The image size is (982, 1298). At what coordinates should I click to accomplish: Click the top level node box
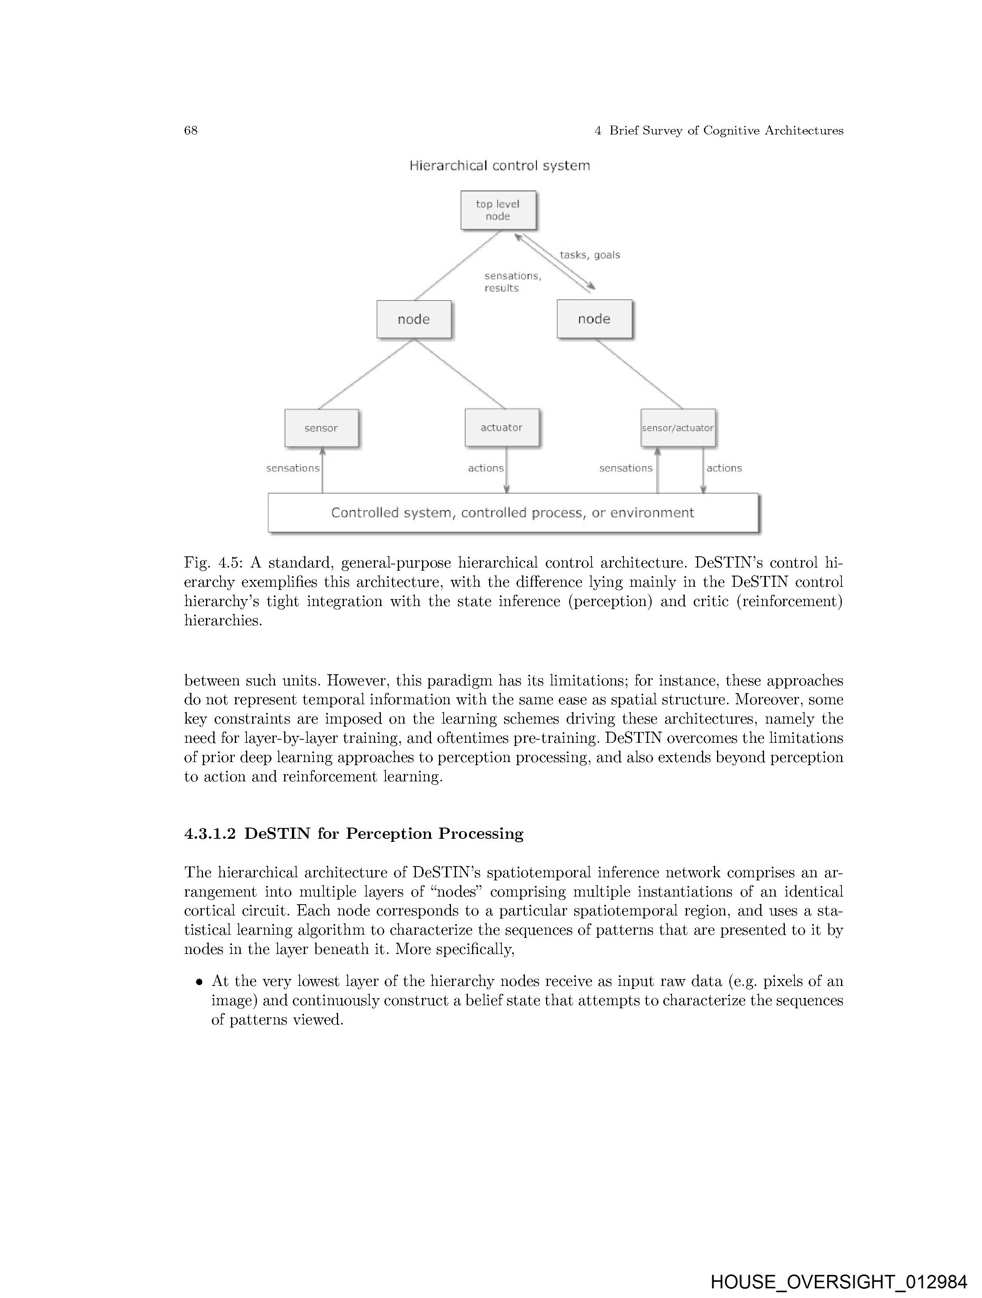click(498, 210)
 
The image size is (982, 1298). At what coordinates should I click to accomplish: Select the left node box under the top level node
click(414, 319)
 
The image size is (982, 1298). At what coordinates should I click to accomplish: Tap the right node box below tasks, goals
click(594, 319)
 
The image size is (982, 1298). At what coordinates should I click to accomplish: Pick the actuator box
click(501, 428)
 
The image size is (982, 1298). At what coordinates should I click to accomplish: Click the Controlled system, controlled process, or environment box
click(513, 513)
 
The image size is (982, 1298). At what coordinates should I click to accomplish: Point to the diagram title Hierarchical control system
click(499, 166)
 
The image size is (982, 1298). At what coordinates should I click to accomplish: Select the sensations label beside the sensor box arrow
click(293, 468)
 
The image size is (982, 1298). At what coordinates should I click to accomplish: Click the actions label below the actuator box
click(486, 468)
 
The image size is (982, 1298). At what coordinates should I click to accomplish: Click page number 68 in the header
click(191, 130)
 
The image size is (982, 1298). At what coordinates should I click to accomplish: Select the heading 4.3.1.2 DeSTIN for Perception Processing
click(354, 834)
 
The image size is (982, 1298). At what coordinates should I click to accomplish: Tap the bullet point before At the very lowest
click(199, 982)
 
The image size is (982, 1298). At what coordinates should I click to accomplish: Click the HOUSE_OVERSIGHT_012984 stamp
click(838, 1281)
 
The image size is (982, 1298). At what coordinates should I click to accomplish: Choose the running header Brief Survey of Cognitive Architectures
click(726, 130)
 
